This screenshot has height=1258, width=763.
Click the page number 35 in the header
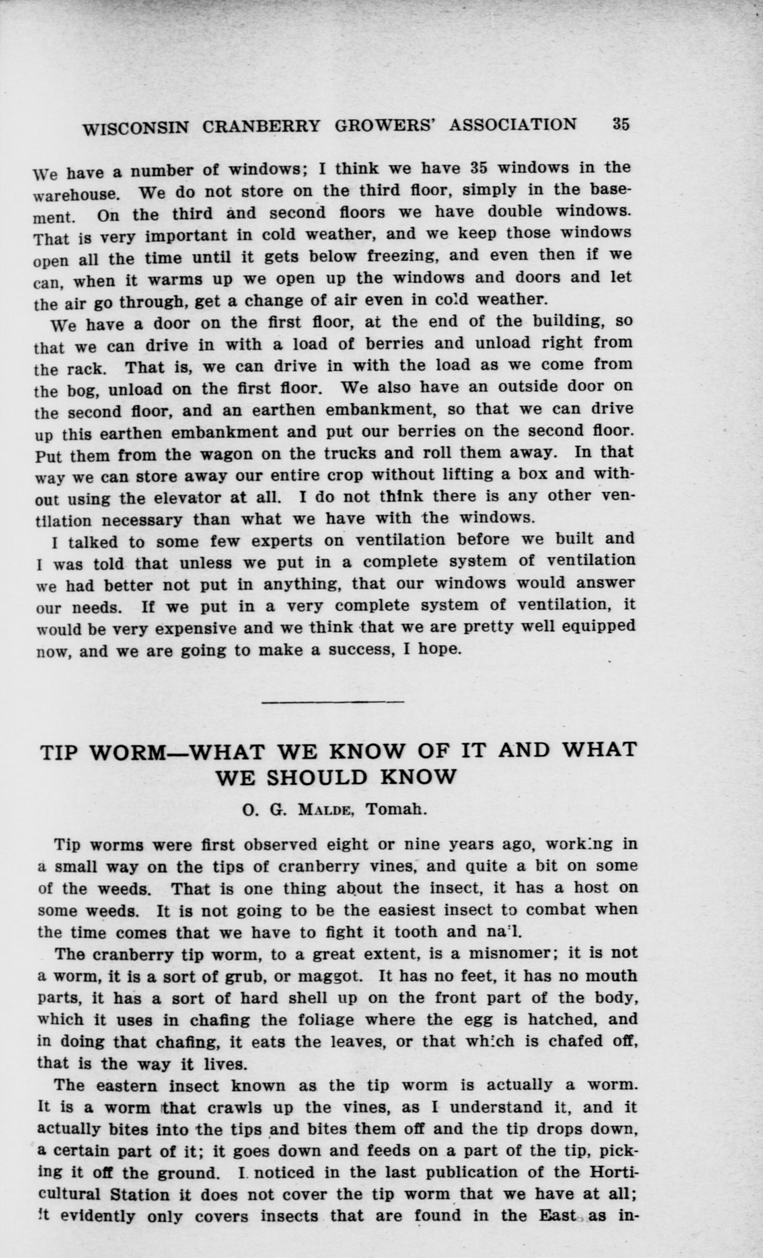click(x=620, y=125)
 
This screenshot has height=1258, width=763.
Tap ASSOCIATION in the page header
click(x=513, y=125)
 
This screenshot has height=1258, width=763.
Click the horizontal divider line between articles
click(x=332, y=702)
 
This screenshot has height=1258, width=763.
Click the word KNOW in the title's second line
click(x=418, y=777)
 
